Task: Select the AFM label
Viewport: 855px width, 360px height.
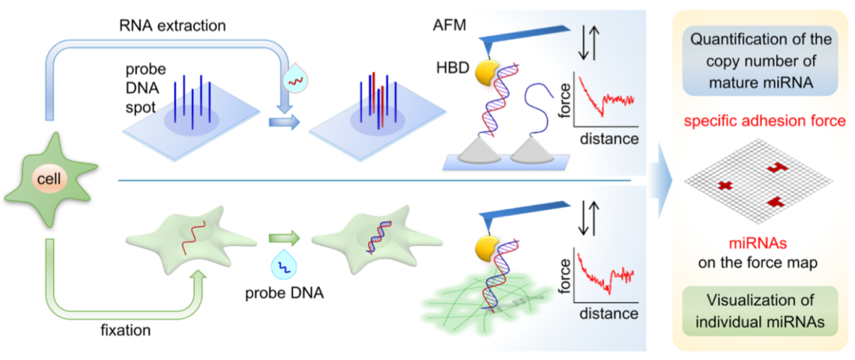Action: coord(451,25)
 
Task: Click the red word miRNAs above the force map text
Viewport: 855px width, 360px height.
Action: coord(762,245)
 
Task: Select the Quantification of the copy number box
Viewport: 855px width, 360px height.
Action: coord(762,61)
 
